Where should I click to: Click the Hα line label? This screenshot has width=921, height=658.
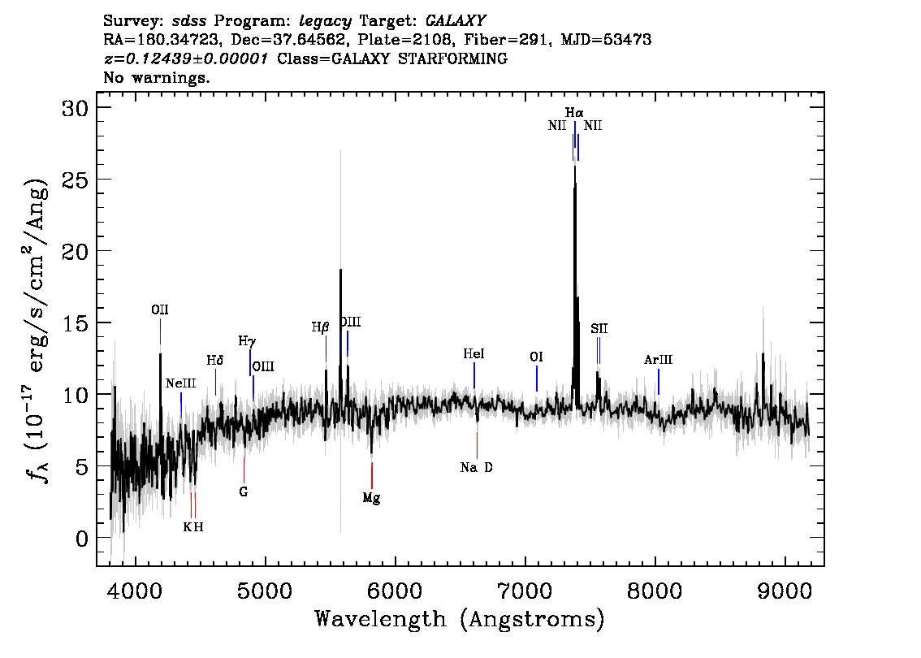(574, 112)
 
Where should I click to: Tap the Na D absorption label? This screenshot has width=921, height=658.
(477, 468)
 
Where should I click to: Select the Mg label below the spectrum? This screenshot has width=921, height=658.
(371, 498)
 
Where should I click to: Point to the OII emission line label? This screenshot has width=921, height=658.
(160, 310)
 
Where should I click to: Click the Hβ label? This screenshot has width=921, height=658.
(320, 327)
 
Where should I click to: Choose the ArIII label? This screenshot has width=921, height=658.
(658, 360)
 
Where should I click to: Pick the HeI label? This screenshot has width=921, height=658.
(473, 353)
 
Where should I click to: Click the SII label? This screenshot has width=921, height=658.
(599, 328)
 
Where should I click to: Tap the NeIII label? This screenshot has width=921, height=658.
(181, 383)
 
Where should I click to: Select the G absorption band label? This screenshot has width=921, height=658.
(244, 491)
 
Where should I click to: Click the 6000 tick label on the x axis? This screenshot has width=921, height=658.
(396, 591)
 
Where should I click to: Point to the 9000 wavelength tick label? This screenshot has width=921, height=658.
(785, 591)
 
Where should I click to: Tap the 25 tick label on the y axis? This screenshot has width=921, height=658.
(76, 180)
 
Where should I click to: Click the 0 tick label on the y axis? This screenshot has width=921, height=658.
(82, 538)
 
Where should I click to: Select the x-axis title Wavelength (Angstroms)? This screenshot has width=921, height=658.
(460, 619)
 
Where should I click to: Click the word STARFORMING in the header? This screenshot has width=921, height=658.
(452, 58)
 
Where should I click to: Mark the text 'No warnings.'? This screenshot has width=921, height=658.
(156, 77)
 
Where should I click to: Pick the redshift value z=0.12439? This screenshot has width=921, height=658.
(143, 58)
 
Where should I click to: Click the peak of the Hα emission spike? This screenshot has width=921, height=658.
(575, 167)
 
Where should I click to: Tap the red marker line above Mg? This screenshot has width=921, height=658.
(372, 476)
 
